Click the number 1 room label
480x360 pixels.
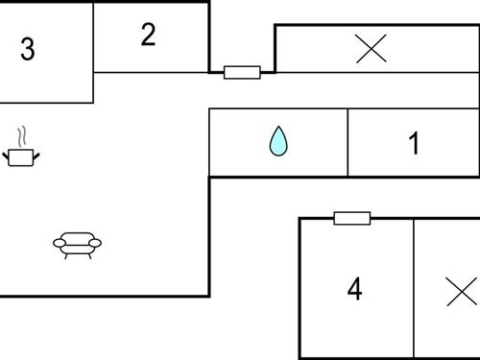414,144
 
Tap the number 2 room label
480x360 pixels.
148,35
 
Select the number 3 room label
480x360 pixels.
28,49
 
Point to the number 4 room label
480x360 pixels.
355,289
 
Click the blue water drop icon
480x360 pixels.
278,141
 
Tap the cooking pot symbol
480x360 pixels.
21,156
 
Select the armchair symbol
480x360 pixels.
77,245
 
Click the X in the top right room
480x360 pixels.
371,48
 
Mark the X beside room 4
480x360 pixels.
462,291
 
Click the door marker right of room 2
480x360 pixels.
242,72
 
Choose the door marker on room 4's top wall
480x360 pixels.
352,218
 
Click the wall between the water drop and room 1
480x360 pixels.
348,142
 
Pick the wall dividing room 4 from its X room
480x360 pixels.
414,288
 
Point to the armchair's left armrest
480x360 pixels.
58,244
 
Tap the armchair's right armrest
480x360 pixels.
96,244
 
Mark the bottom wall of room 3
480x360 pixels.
46,103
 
